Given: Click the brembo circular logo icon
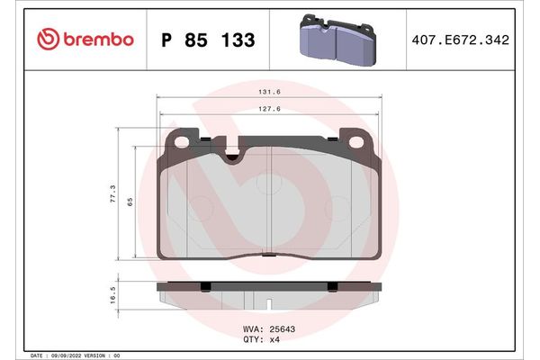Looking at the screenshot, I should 49,39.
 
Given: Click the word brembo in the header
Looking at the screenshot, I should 99,40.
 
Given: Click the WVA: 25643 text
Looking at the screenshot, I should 270,328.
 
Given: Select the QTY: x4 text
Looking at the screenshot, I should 264,339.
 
